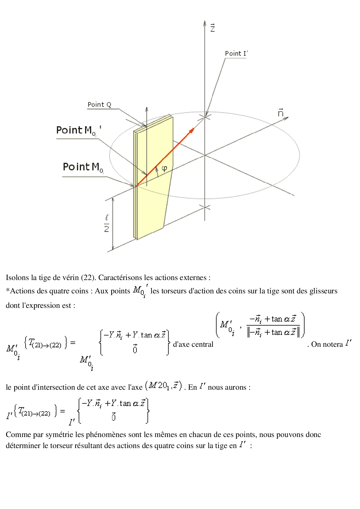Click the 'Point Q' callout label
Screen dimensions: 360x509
pos(99,105)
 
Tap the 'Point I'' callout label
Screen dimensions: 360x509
pos(237,54)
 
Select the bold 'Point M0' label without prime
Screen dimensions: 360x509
pos(83,167)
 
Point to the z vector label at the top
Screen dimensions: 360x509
pos(213,28)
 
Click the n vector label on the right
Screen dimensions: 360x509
pos(280,113)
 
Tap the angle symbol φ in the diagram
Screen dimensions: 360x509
pos(164,168)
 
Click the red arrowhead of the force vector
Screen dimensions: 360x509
pos(191,131)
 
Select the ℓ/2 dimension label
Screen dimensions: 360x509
pos(107,223)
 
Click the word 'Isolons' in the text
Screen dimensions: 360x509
pos(18,278)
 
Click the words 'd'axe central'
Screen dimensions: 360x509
pos(193,344)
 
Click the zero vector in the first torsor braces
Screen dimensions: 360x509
pos(135,349)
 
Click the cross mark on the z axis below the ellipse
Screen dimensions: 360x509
pos(205,207)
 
